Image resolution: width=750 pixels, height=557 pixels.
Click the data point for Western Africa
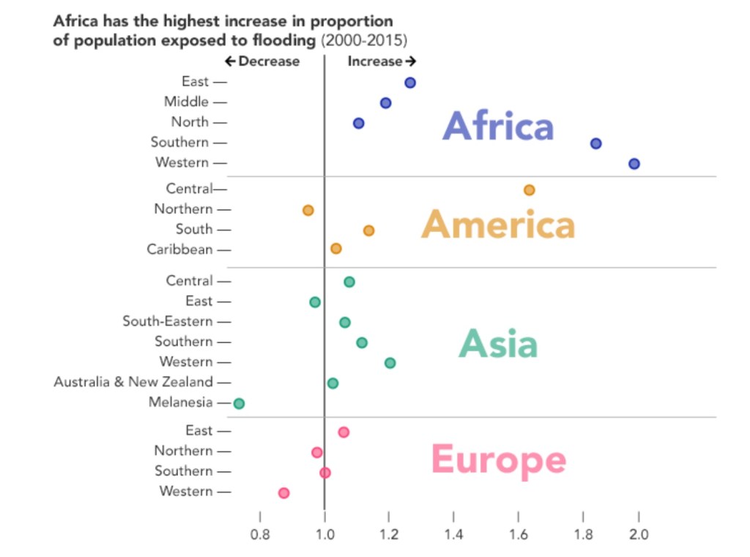(x=634, y=164)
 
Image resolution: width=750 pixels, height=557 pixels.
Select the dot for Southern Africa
(x=595, y=143)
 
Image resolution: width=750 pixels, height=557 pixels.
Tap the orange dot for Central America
(x=529, y=190)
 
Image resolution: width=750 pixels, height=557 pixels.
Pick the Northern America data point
(x=308, y=210)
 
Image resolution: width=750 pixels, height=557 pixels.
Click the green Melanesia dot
(x=239, y=403)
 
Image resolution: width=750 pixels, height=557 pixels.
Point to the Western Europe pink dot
(x=283, y=493)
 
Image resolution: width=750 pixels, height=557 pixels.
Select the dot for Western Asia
(x=390, y=363)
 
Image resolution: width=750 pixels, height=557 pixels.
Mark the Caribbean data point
(x=335, y=249)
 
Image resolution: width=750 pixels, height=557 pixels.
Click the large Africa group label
(x=498, y=126)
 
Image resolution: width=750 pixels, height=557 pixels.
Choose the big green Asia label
(x=498, y=343)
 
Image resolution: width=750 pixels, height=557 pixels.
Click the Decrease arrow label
(x=262, y=61)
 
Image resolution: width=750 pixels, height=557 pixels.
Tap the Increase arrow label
(x=382, y=61)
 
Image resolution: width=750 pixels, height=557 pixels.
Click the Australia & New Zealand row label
(x=133, y=382)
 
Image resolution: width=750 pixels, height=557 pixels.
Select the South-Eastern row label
(x=168, y=321)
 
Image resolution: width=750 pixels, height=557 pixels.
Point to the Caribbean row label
(x=179, y=250)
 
